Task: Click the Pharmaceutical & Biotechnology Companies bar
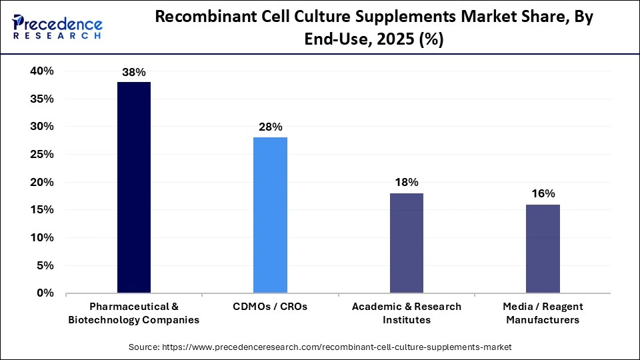point(134,187)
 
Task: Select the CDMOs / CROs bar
point(270,215)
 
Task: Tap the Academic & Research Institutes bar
point(406,243)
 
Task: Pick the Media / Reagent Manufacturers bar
point(543,248)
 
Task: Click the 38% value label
point(134,72)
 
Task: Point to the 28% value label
point(271,127)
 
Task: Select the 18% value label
point(406,183)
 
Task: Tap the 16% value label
point(543,194)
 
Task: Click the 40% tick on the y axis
point(41,71)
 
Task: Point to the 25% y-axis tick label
point(41,155)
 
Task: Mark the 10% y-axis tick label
point(41,238)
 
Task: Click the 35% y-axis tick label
point(41,99)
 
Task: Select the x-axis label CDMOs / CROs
point(270,307)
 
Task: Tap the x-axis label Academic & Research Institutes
point(406,313)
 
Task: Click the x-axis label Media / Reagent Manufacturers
point(543,313)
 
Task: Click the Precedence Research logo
point(57,27)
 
